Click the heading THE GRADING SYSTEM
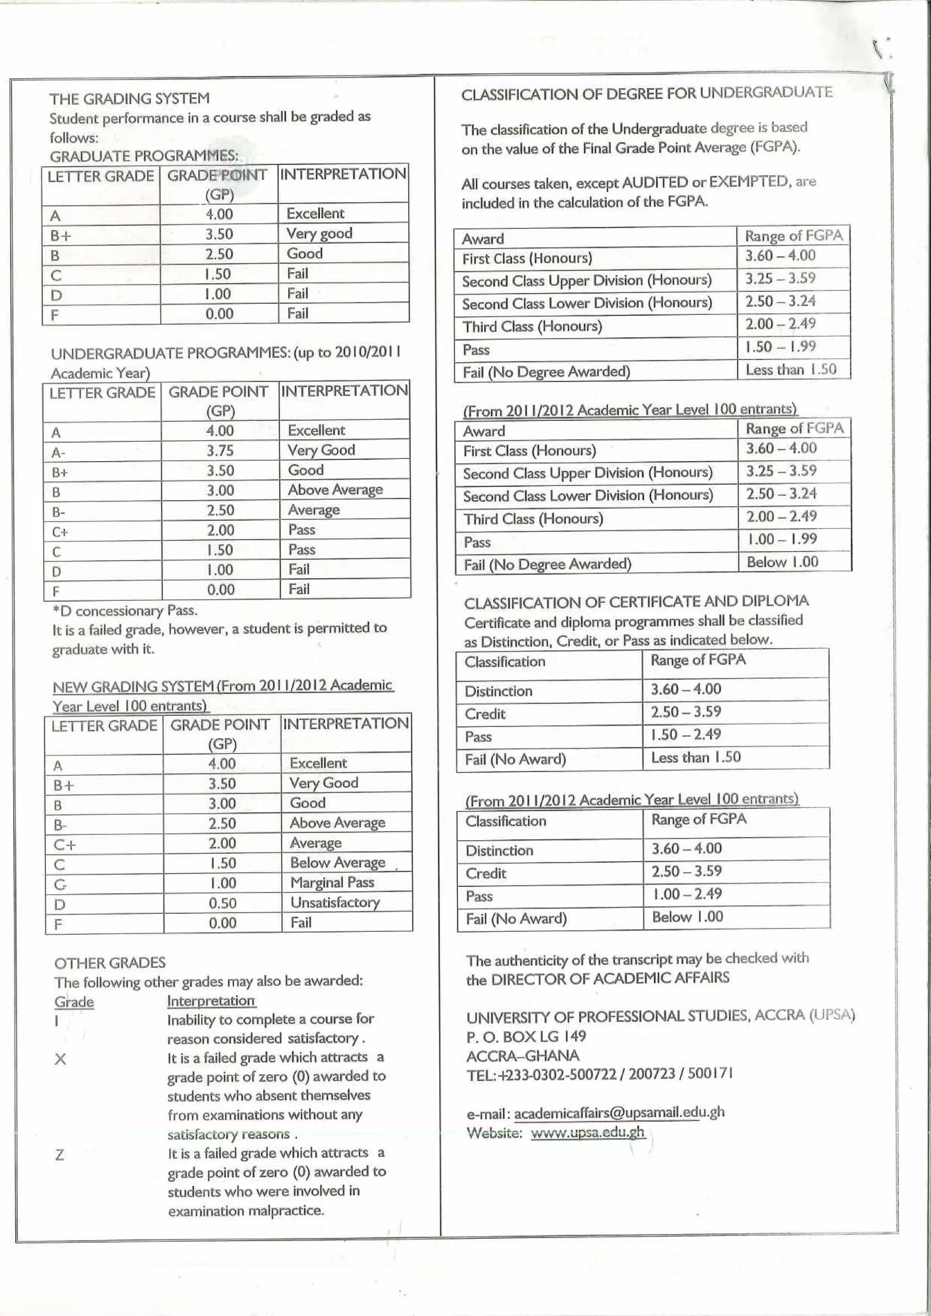pos(129,99)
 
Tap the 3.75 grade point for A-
pos(220,450)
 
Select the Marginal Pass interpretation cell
pos(332,882)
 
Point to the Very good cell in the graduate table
pos(319,233)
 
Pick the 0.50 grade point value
pos(222,903)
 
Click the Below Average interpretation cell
pos(337,862)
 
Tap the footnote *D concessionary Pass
pos(125,610)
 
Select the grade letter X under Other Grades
pos(60,1059)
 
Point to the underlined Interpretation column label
pos(211,1001)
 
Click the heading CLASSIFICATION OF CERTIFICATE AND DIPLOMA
pos(636,602)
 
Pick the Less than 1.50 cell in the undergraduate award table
pos(791,370)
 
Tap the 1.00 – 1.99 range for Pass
pos(782,539)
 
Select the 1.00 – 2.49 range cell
pos(687,893)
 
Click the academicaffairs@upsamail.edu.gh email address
pos(619,1112)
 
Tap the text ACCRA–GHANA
pos(522,1055)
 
